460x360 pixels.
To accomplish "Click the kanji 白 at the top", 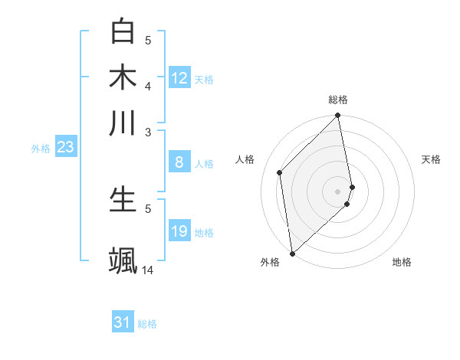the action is click(123, 31).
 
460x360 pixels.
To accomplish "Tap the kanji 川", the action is click(123, 123).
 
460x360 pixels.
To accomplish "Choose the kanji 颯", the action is click(123, 260).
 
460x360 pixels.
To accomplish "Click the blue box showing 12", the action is click(179, 78).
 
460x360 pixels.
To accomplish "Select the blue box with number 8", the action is click(179, 162).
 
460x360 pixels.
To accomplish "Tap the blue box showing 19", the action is click(179, 231).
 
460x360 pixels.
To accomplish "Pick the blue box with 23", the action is click(65, 147).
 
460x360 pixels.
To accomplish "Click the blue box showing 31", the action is click(123, 322).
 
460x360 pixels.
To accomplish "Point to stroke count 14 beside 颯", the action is click(148, 270).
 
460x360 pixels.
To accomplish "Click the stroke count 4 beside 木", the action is click(148, 86).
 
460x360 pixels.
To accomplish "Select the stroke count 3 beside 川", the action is click(148, 132).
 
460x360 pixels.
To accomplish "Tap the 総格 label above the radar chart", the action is click(338, 100).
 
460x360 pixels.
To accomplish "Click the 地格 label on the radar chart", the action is click(402, 262).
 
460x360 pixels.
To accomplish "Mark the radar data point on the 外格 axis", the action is click(292, 253).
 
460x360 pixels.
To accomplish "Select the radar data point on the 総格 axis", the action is click(338, 116).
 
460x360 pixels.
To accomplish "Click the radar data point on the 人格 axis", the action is click(280, 172).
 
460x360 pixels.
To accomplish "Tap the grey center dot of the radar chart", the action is click(338, 190).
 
